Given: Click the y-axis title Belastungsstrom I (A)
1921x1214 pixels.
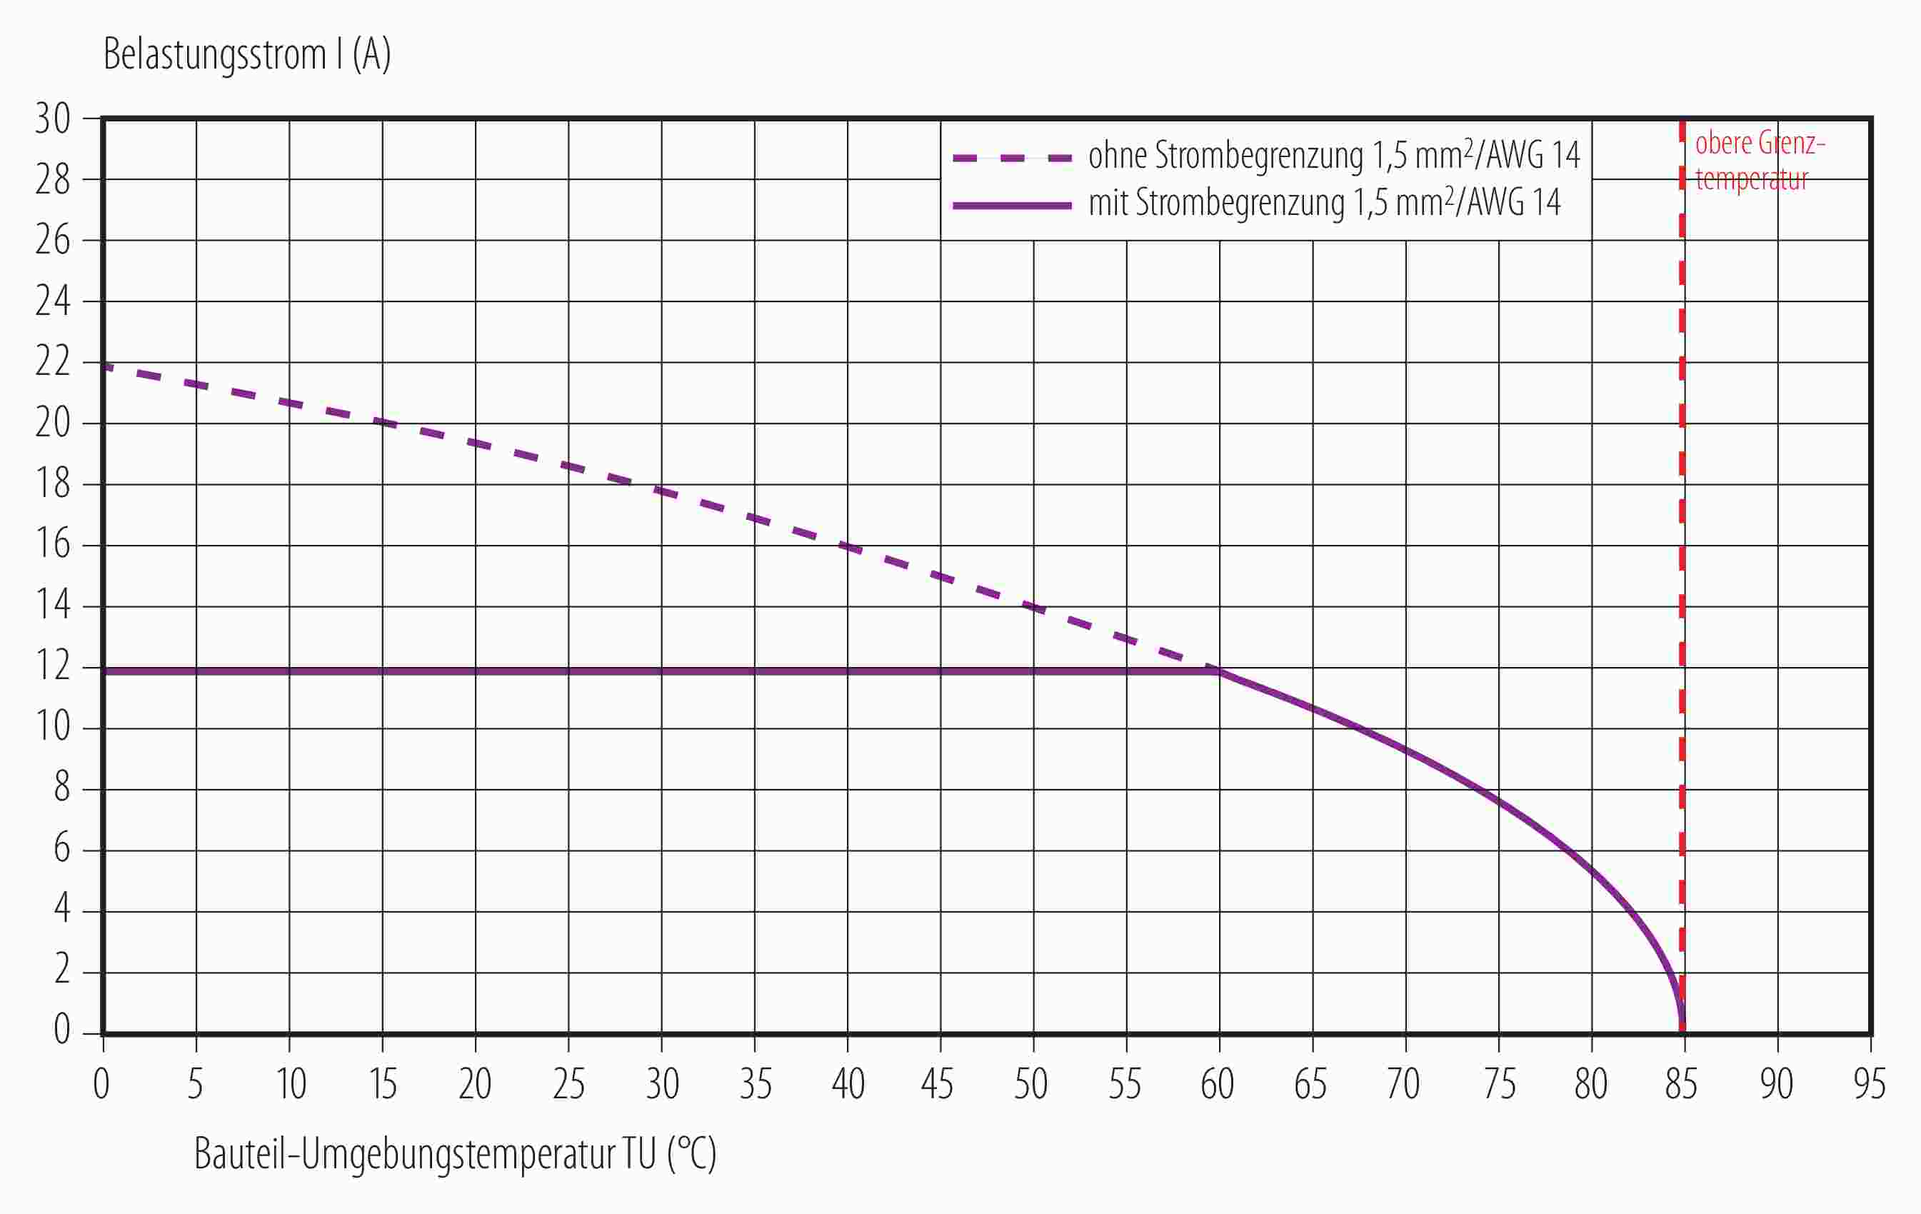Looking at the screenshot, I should coord(246,56).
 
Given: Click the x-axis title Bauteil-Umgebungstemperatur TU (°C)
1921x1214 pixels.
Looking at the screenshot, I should coord(455,1154).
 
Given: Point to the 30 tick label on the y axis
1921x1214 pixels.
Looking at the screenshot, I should coord(53,120).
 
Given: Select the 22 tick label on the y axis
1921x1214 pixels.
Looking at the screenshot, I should coord(53,363).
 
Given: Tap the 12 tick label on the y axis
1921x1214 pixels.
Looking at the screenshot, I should coord(53,667).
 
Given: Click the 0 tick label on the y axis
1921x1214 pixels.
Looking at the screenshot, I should coord(61,1030).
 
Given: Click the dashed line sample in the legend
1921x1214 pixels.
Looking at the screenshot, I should coord(1011,158).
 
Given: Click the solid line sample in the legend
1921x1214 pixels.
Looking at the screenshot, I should coord(1011,206).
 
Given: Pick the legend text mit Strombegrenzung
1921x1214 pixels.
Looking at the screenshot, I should coord(1324,204).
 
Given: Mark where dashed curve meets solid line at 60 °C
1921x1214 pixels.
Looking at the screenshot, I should coord(1218,670).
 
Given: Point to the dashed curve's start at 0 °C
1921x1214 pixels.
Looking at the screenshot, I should coord(105,367).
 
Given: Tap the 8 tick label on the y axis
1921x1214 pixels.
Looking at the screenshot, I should coord(61,788).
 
